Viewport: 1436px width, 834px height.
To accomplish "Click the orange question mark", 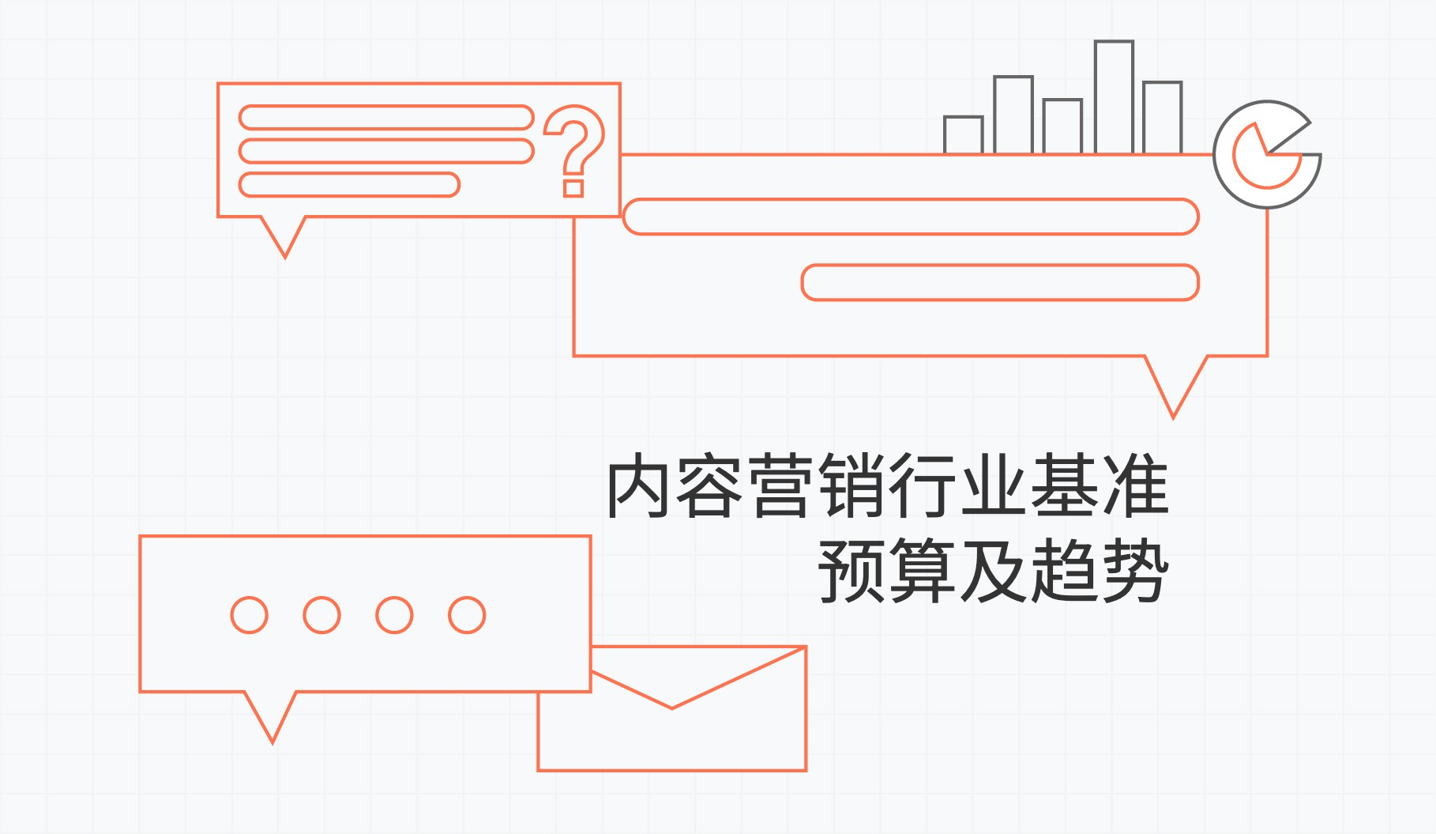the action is tap(574, 150).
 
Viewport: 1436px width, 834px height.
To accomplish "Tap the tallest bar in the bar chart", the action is tap(1114, 96).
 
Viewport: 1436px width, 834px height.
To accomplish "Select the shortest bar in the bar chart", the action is tap(964, 134).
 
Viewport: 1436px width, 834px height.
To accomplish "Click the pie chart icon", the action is tap(1267, 155).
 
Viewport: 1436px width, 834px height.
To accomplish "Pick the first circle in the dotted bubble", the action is tap(250, 615).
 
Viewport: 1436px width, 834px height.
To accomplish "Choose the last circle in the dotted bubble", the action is tap(467, 615).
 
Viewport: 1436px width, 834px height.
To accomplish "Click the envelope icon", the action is tap(672, 708).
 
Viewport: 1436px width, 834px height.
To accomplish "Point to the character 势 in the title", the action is tap(1135, 571).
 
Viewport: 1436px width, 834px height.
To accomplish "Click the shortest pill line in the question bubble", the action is tap(349, 184).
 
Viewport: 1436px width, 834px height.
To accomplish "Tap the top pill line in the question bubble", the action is tap(386, 117).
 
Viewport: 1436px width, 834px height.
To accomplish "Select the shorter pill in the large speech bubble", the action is tap(1000, 282).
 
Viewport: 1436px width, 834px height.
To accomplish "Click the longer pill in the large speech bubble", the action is tap(911, 217).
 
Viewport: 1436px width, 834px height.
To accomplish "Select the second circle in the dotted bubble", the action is tap(322, 615).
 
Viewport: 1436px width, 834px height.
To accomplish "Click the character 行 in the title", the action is tap(923, 486).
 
